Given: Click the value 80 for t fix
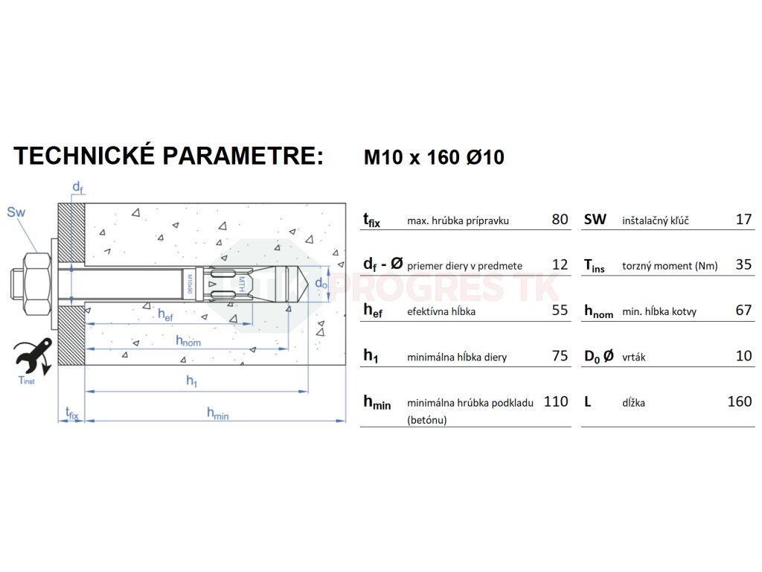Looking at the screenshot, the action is point(560,219).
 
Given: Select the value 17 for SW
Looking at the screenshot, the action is point(743,219).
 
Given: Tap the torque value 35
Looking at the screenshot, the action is point(743,264).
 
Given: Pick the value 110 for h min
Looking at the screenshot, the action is point(556,401).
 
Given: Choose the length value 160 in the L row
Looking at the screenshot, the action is point(739,401).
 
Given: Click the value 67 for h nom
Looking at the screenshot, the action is point(743,310).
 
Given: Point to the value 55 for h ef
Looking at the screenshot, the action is point(560,310).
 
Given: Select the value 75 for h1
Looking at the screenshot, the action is point(560,355).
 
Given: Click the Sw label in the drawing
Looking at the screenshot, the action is point(16,212).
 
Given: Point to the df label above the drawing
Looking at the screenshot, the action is point(77,185).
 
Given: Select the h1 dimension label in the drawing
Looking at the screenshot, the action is point(192,381).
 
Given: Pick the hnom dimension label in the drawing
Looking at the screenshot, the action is point(188,341).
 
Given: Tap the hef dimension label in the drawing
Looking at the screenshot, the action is point(166,314).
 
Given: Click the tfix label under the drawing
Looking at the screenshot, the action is point(71,412).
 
